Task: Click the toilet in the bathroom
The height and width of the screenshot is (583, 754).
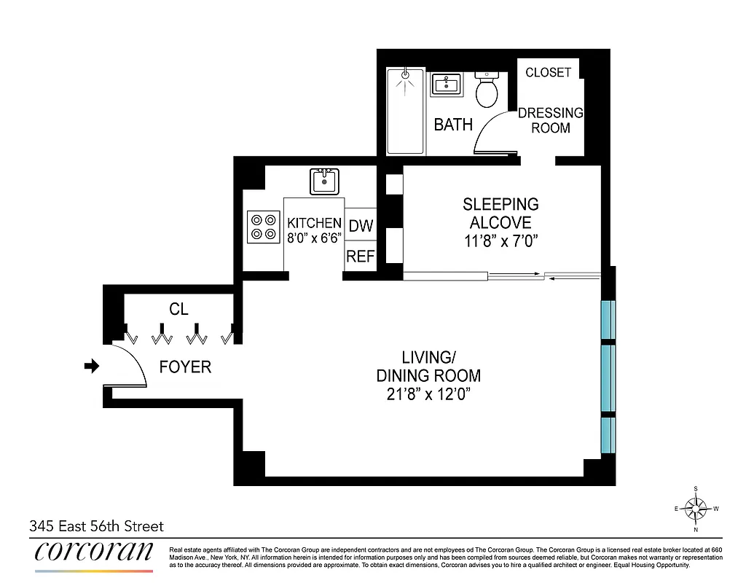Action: click(487, 90)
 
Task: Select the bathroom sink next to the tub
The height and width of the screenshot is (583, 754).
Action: click(444, 85)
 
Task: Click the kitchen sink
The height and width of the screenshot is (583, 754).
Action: click(324, 181)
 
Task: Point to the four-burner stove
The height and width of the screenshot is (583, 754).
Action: click(264, 226)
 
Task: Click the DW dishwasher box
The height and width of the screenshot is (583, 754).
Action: click(360, 227)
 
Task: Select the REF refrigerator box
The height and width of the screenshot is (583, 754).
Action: click(360, 257)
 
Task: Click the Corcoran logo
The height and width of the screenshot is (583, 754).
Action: click(94, 552)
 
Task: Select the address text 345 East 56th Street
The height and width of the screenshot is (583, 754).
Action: click(96, 525)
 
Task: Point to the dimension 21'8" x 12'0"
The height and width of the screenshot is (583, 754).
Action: click(428, 394)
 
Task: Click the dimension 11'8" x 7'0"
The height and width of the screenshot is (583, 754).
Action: click(500, 240)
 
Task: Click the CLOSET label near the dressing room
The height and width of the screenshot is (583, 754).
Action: click(548, 72)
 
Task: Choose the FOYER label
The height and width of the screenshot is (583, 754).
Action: click(185, 367)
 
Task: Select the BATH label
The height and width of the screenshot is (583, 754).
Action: click(453, 125)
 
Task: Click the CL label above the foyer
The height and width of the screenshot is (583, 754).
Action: click(178, 310)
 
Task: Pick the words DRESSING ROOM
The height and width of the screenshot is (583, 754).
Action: click(551, 120)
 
